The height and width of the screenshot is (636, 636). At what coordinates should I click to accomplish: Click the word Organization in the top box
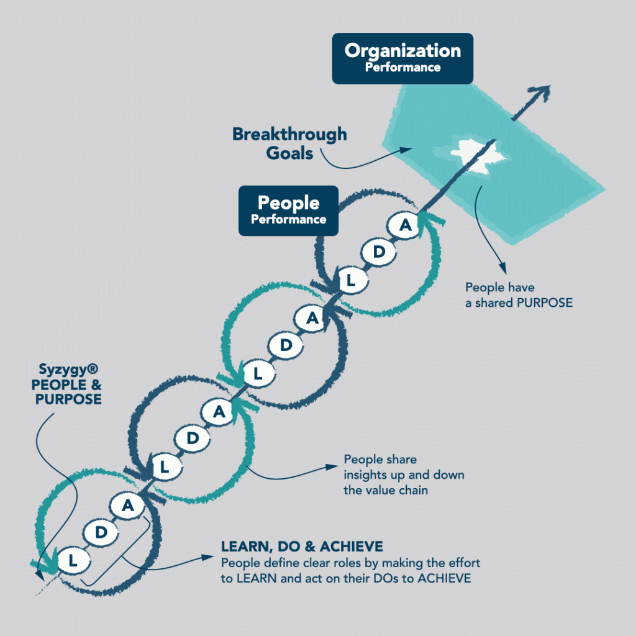point(402,50)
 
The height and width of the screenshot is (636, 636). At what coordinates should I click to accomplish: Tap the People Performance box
point(288,210)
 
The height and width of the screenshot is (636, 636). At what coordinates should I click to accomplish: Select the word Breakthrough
point(289,134)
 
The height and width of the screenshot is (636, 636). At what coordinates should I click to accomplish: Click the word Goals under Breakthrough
point(290,153)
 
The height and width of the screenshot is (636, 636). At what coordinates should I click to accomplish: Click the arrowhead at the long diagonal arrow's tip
point(543,92)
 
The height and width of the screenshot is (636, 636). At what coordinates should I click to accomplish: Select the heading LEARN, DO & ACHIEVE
point(302,547)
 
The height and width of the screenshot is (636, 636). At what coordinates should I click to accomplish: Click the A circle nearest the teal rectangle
point(405,225)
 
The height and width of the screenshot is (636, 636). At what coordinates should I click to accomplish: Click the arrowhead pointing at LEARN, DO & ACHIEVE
point(210,556)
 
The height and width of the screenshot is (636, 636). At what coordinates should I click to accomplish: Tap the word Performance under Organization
point(402,66)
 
